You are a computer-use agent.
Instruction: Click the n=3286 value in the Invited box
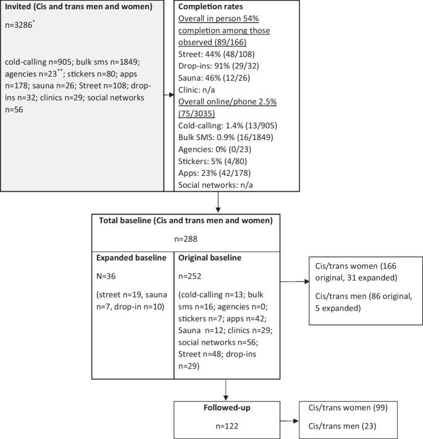[x=22, y=28]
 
